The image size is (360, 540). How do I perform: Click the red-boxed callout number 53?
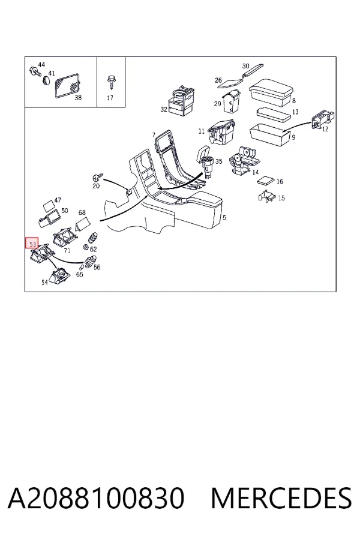coord(33,244)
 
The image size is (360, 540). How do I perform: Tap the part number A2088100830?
coord(96,498)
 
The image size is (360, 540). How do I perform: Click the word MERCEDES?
coord(281,498)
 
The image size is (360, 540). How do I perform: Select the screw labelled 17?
coord(111,82)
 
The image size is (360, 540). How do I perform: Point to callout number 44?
coord(41,65)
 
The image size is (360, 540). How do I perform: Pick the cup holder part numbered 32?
coord(181,101)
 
